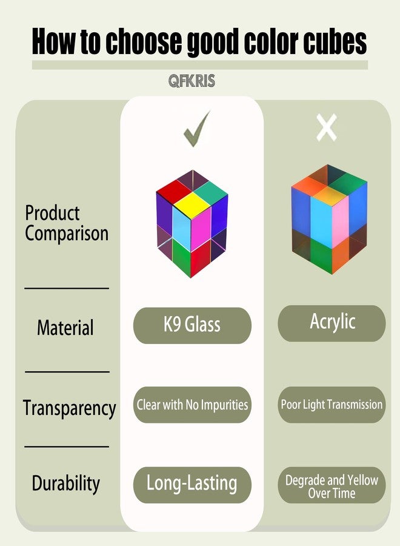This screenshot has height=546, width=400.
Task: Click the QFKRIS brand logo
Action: click(x=192, y=81)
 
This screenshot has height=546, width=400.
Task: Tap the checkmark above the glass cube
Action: click(x=197, y=129)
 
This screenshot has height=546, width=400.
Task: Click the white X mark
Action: click(x=327, y=127)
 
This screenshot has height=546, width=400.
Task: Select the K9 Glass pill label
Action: click(x=192, y=325)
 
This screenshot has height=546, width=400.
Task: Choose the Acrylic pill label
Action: click(x=332, y=323)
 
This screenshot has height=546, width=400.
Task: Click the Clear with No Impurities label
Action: click(x=192, y=405)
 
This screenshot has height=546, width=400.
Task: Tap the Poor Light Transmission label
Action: click(x=332, y=405)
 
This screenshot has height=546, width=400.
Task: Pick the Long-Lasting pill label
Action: click(x=192, y=485)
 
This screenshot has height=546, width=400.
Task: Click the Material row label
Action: click(x=65, y=328)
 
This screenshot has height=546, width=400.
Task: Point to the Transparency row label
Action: click(x=70, y=408)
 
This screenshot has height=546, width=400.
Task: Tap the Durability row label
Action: click(x=65, y=484)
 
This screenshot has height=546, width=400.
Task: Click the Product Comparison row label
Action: click(x=67, y=223)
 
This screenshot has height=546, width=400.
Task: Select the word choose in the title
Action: click(x=143, y=41)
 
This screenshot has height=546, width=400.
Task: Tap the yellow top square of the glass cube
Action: click(x=192, y=206)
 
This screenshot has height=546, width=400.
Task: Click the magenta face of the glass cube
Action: click(x=201, y=229)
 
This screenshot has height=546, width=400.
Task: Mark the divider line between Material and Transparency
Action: click(x=67, y=372)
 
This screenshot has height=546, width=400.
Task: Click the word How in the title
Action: click(x=53, y=41)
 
